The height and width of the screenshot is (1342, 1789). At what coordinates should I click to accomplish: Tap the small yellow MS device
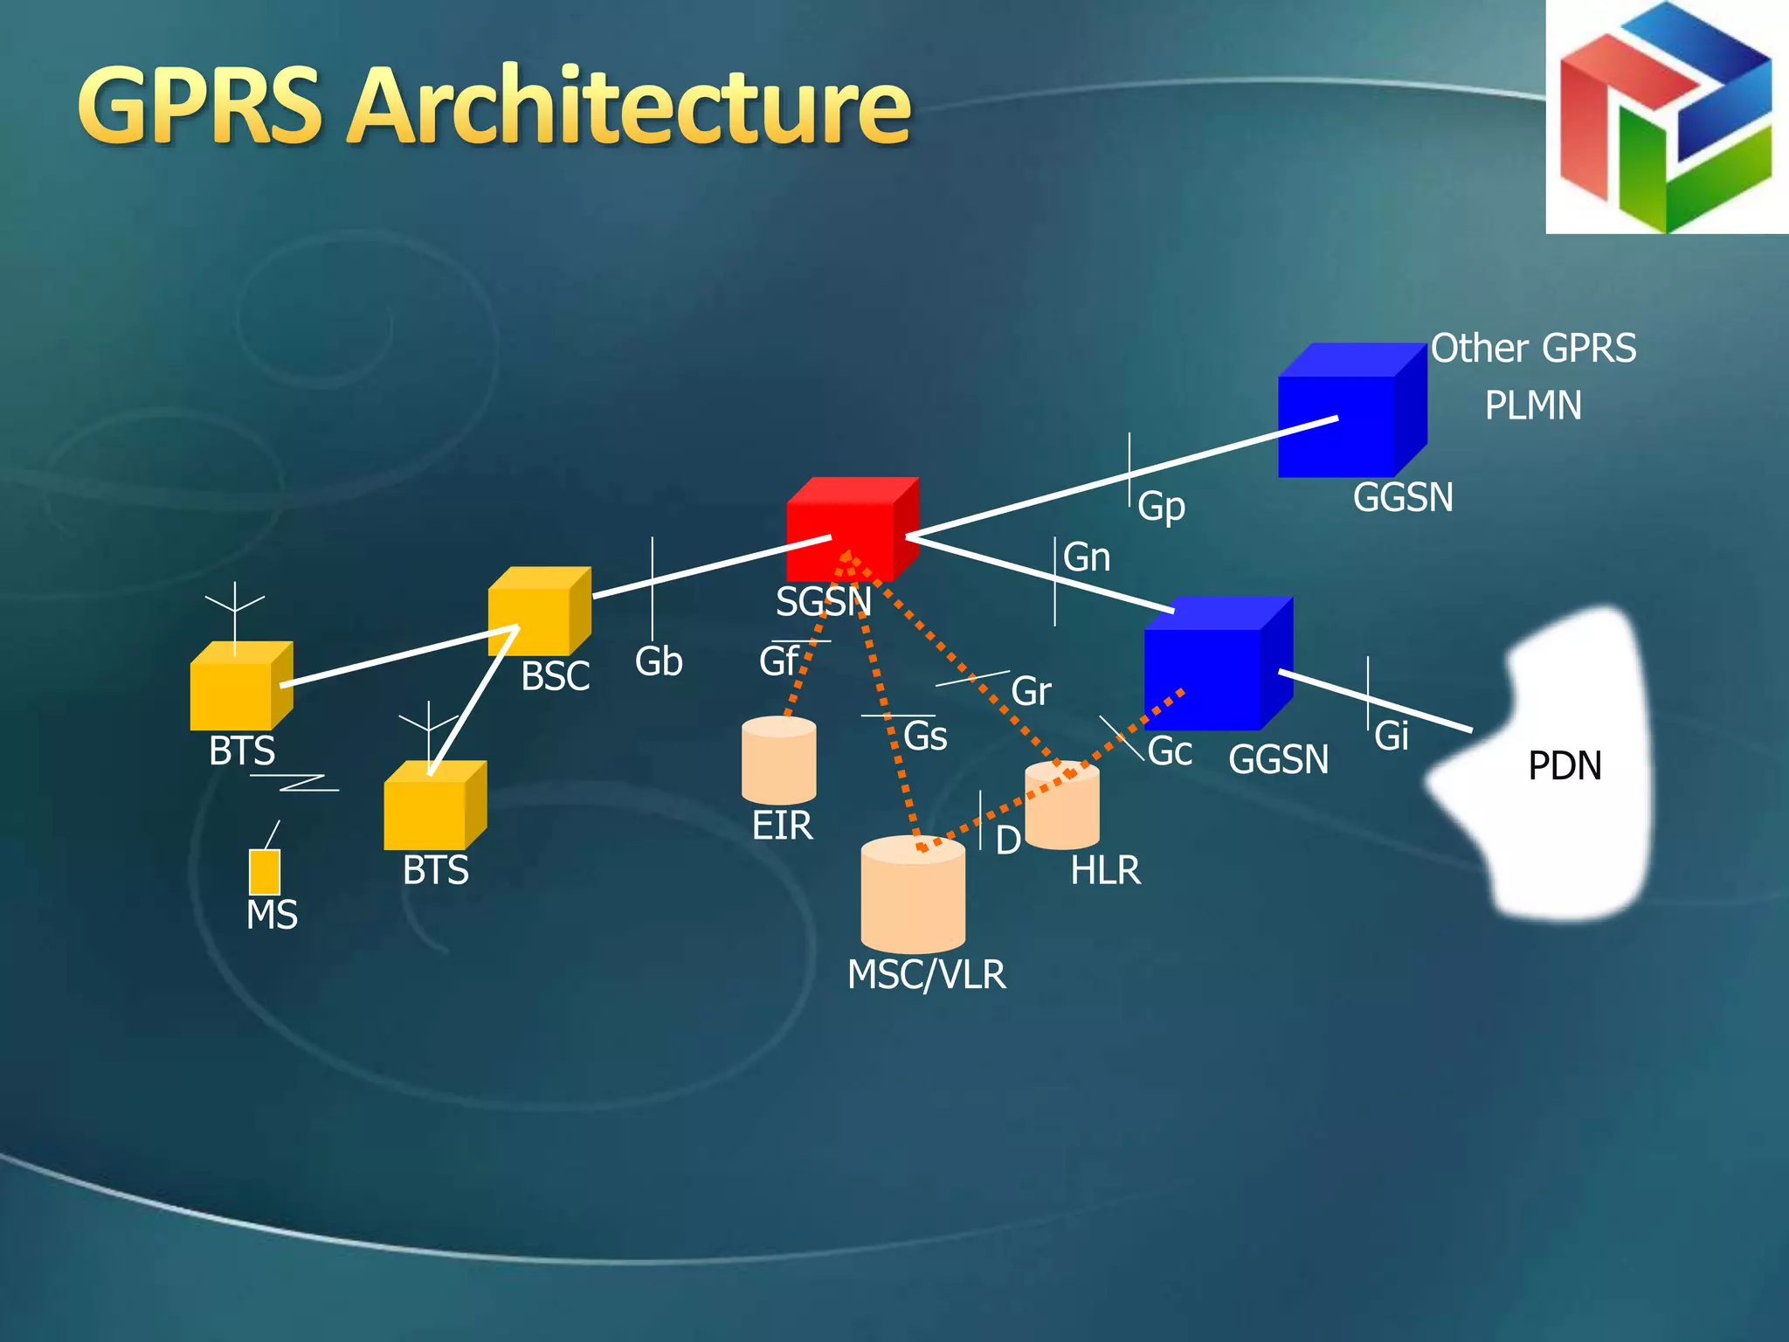click(x=265, y=871)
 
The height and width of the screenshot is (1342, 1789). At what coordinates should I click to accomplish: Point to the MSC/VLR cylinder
click(x=913, y=895)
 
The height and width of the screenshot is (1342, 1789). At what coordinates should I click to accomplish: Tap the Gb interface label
click(x=659, y=661)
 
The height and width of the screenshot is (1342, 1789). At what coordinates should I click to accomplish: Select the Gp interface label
click(x=1161, y=506)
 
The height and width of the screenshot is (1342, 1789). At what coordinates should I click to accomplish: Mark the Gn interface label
click(x=1087, y=557)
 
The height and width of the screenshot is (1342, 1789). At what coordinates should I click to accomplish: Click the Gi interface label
click(x=1392, y=736)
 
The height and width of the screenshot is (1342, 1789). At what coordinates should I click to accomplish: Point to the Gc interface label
click(x=1170, y=751)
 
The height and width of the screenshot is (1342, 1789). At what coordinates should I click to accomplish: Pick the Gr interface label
click(x=1031, y=691)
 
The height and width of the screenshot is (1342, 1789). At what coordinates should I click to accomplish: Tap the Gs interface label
click(x=925, y=736)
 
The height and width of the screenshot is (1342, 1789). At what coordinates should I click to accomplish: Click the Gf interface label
click(x=777, y=661)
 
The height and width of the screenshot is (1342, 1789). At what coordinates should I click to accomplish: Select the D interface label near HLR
click(x=1008, y=840)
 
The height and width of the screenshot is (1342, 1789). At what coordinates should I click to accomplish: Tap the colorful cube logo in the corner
click(x=1666, y=117)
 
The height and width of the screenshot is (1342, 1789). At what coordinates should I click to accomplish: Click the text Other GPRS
click(x=1533, y=349)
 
